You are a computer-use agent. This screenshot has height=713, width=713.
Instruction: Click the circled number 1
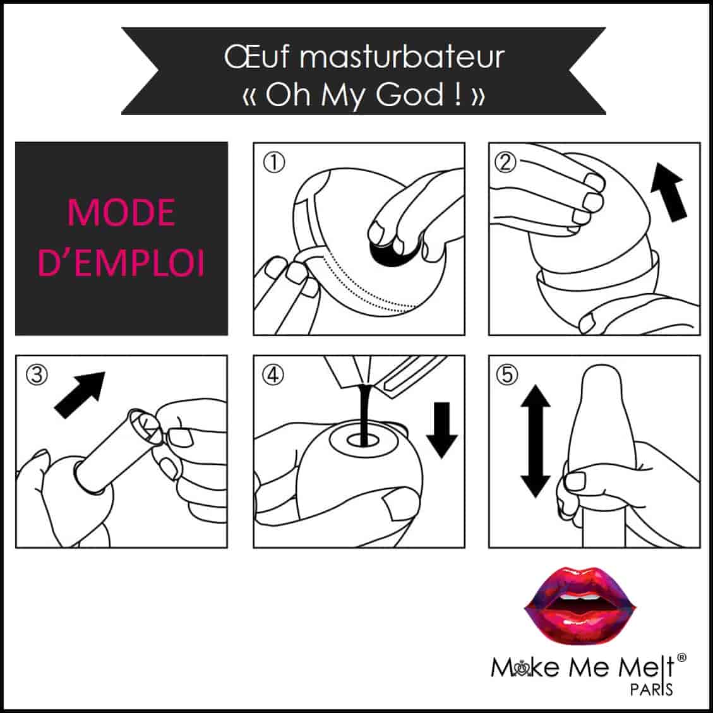274,162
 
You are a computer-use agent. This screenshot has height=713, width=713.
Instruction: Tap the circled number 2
506,162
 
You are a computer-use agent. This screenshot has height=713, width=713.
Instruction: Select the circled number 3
37,375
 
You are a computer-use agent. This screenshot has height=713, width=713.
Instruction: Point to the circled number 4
273,375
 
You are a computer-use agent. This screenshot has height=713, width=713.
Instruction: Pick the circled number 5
508,375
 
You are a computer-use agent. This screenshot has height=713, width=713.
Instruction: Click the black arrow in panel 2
668,193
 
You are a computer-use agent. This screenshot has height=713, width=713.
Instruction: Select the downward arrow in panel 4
442,429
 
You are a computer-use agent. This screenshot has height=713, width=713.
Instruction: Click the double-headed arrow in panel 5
536,441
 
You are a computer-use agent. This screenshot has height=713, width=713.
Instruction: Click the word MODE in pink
121,212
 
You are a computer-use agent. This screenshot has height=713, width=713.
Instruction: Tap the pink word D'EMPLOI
121,263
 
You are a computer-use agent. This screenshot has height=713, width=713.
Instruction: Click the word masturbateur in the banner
402,57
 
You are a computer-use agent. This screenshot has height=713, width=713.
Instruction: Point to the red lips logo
580,605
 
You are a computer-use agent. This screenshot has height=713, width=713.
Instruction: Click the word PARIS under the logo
651,690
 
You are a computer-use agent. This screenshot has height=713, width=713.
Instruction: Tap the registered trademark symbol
681,657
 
